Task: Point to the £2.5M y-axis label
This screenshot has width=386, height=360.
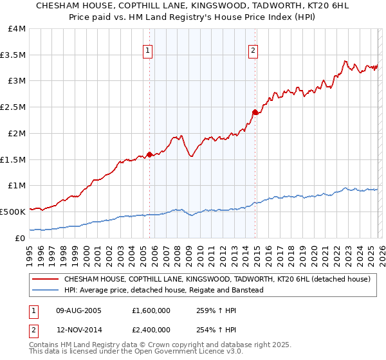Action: [13, 107]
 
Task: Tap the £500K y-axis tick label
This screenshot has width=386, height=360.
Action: [13, 212]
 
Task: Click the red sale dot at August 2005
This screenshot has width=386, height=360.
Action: [149, 154]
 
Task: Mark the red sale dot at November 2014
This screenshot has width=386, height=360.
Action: [255, 113]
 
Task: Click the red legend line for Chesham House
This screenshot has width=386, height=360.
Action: [46, 280]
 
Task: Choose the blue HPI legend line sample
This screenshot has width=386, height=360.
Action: [46, 290]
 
